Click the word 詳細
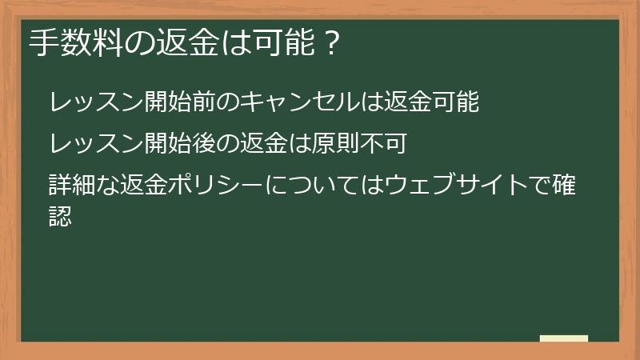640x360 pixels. tap(70, 185)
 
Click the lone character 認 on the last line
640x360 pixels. tap(60, 214)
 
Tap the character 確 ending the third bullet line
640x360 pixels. tap(567, 185)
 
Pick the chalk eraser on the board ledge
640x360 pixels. tap(563, 338)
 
